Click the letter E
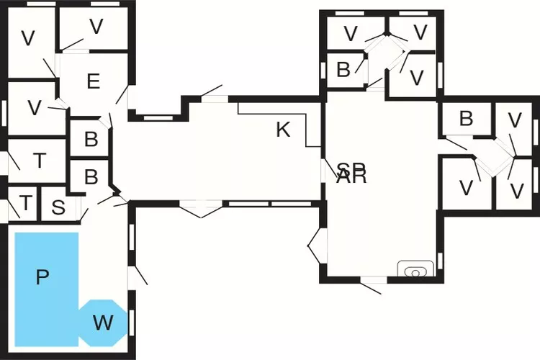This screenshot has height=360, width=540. tap(93, 81)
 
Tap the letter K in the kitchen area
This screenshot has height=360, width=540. tap(283, 130)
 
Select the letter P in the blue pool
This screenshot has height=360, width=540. tap(42, 277)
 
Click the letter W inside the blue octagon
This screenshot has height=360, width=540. tap(103, 323)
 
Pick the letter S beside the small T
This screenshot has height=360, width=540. tap(58, 207)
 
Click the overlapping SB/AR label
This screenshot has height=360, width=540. tap(351, 174)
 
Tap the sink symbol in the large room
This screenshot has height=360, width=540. tap(415, 272)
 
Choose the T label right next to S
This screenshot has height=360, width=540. tap(26, 204)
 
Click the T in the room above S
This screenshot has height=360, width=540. tap(39, 161)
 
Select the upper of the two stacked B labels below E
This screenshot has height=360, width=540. tap(91, 140)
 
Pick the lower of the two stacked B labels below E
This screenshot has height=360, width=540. tap(91, 176)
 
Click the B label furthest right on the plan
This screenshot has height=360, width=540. tap(466, 119)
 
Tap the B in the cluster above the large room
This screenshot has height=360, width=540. tap(343, 70)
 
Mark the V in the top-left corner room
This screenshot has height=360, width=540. tap(27, 39)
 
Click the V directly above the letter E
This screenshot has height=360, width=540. tap(96, 27)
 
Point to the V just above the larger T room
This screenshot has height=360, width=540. tap(33, 108)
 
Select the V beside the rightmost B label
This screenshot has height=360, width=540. tap(514, 120)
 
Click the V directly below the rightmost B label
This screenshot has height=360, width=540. tap(466, 188)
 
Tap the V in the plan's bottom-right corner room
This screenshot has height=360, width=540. tap(516, 190)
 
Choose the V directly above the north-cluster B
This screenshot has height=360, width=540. tap(351, 32)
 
